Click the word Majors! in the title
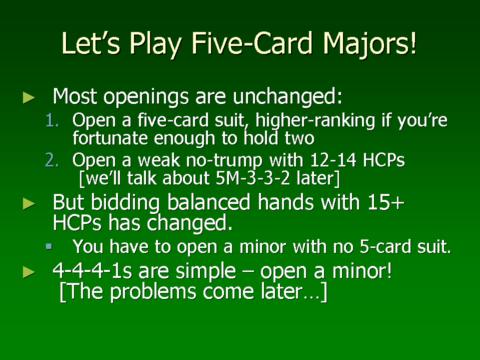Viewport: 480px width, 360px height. pos(369,44)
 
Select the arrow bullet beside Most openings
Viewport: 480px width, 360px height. pos(29,97)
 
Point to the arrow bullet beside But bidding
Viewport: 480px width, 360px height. pos(29,204)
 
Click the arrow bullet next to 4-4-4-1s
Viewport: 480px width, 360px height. pos(29,272)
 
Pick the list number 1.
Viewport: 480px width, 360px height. pos(52,120)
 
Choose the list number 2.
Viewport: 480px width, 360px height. pos(52,160)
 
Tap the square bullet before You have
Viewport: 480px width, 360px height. pos(48,246)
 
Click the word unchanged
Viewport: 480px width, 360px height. pos(287,97)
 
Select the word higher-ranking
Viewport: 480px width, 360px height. pos(315,121)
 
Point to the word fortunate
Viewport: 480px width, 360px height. pos(110,138)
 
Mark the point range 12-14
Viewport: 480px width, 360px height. pos(333,160)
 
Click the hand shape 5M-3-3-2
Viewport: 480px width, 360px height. pos(252,178)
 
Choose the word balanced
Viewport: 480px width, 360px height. pos(209,202)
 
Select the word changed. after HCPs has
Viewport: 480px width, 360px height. pos(190,222)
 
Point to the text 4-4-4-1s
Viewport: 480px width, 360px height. pos(92,271)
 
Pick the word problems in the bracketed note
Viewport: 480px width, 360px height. pos(153,291)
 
